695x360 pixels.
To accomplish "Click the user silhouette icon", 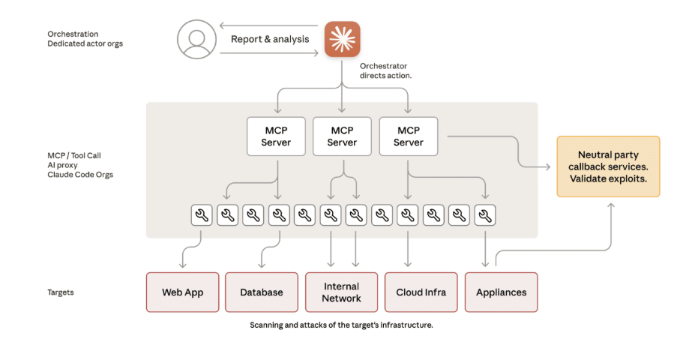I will [x=196, y=39].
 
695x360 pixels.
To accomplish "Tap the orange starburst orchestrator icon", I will [x=342, y=39].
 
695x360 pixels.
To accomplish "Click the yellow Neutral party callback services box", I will [x=608, y=166].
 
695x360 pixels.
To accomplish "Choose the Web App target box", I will [x=183, y=292].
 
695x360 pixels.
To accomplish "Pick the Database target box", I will [x=262, y=292].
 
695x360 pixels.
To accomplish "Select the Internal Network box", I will [x=341, y=292].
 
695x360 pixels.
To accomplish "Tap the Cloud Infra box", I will [x=421, y=292].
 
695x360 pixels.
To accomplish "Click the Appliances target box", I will [x=501, y=292].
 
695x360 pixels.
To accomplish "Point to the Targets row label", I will [x=61, y=292].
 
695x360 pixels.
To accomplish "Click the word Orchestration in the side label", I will [x=73, y=34].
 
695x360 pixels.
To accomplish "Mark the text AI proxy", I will [x=62, y=165].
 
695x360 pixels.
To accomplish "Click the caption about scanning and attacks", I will [x=341, y=325].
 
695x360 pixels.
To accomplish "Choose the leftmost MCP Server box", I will [x=276, y=136].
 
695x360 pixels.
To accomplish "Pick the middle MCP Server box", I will [x=342, y=136].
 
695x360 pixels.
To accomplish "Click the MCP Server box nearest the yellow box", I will [x=408, y=136].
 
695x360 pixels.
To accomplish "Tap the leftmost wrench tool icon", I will [x=200, y=216].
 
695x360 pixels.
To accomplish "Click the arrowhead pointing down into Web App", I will [x=182, y=265].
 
